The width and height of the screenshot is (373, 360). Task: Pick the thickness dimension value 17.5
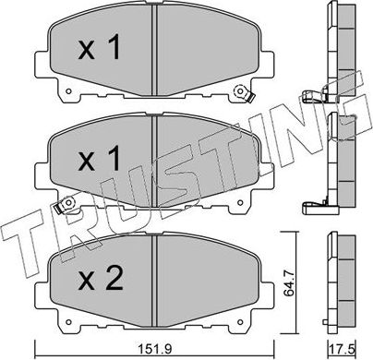(343, 349)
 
